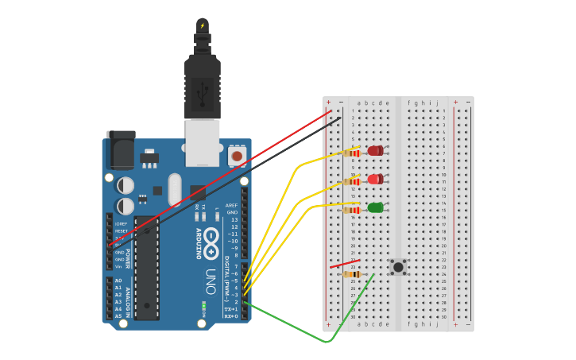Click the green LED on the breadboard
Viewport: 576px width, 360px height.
click(375, 208)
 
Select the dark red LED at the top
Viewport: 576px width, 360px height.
click(375, 151)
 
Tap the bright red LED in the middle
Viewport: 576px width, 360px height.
click(375, 180)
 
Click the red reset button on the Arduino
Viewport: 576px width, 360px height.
click(236, 157)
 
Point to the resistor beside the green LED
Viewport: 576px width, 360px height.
click(351, 210)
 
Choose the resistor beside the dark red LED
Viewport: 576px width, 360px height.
click(351, 153)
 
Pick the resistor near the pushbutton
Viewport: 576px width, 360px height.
click(351, 274)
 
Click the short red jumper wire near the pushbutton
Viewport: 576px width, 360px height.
click(345, 263)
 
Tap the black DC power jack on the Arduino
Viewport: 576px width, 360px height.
click(121, 149)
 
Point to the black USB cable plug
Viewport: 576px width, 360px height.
click(202, 87)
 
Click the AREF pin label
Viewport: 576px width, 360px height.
click(232, 205)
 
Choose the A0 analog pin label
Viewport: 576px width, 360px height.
click(118, 281)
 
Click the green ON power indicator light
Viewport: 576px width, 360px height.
click(204, 305)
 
